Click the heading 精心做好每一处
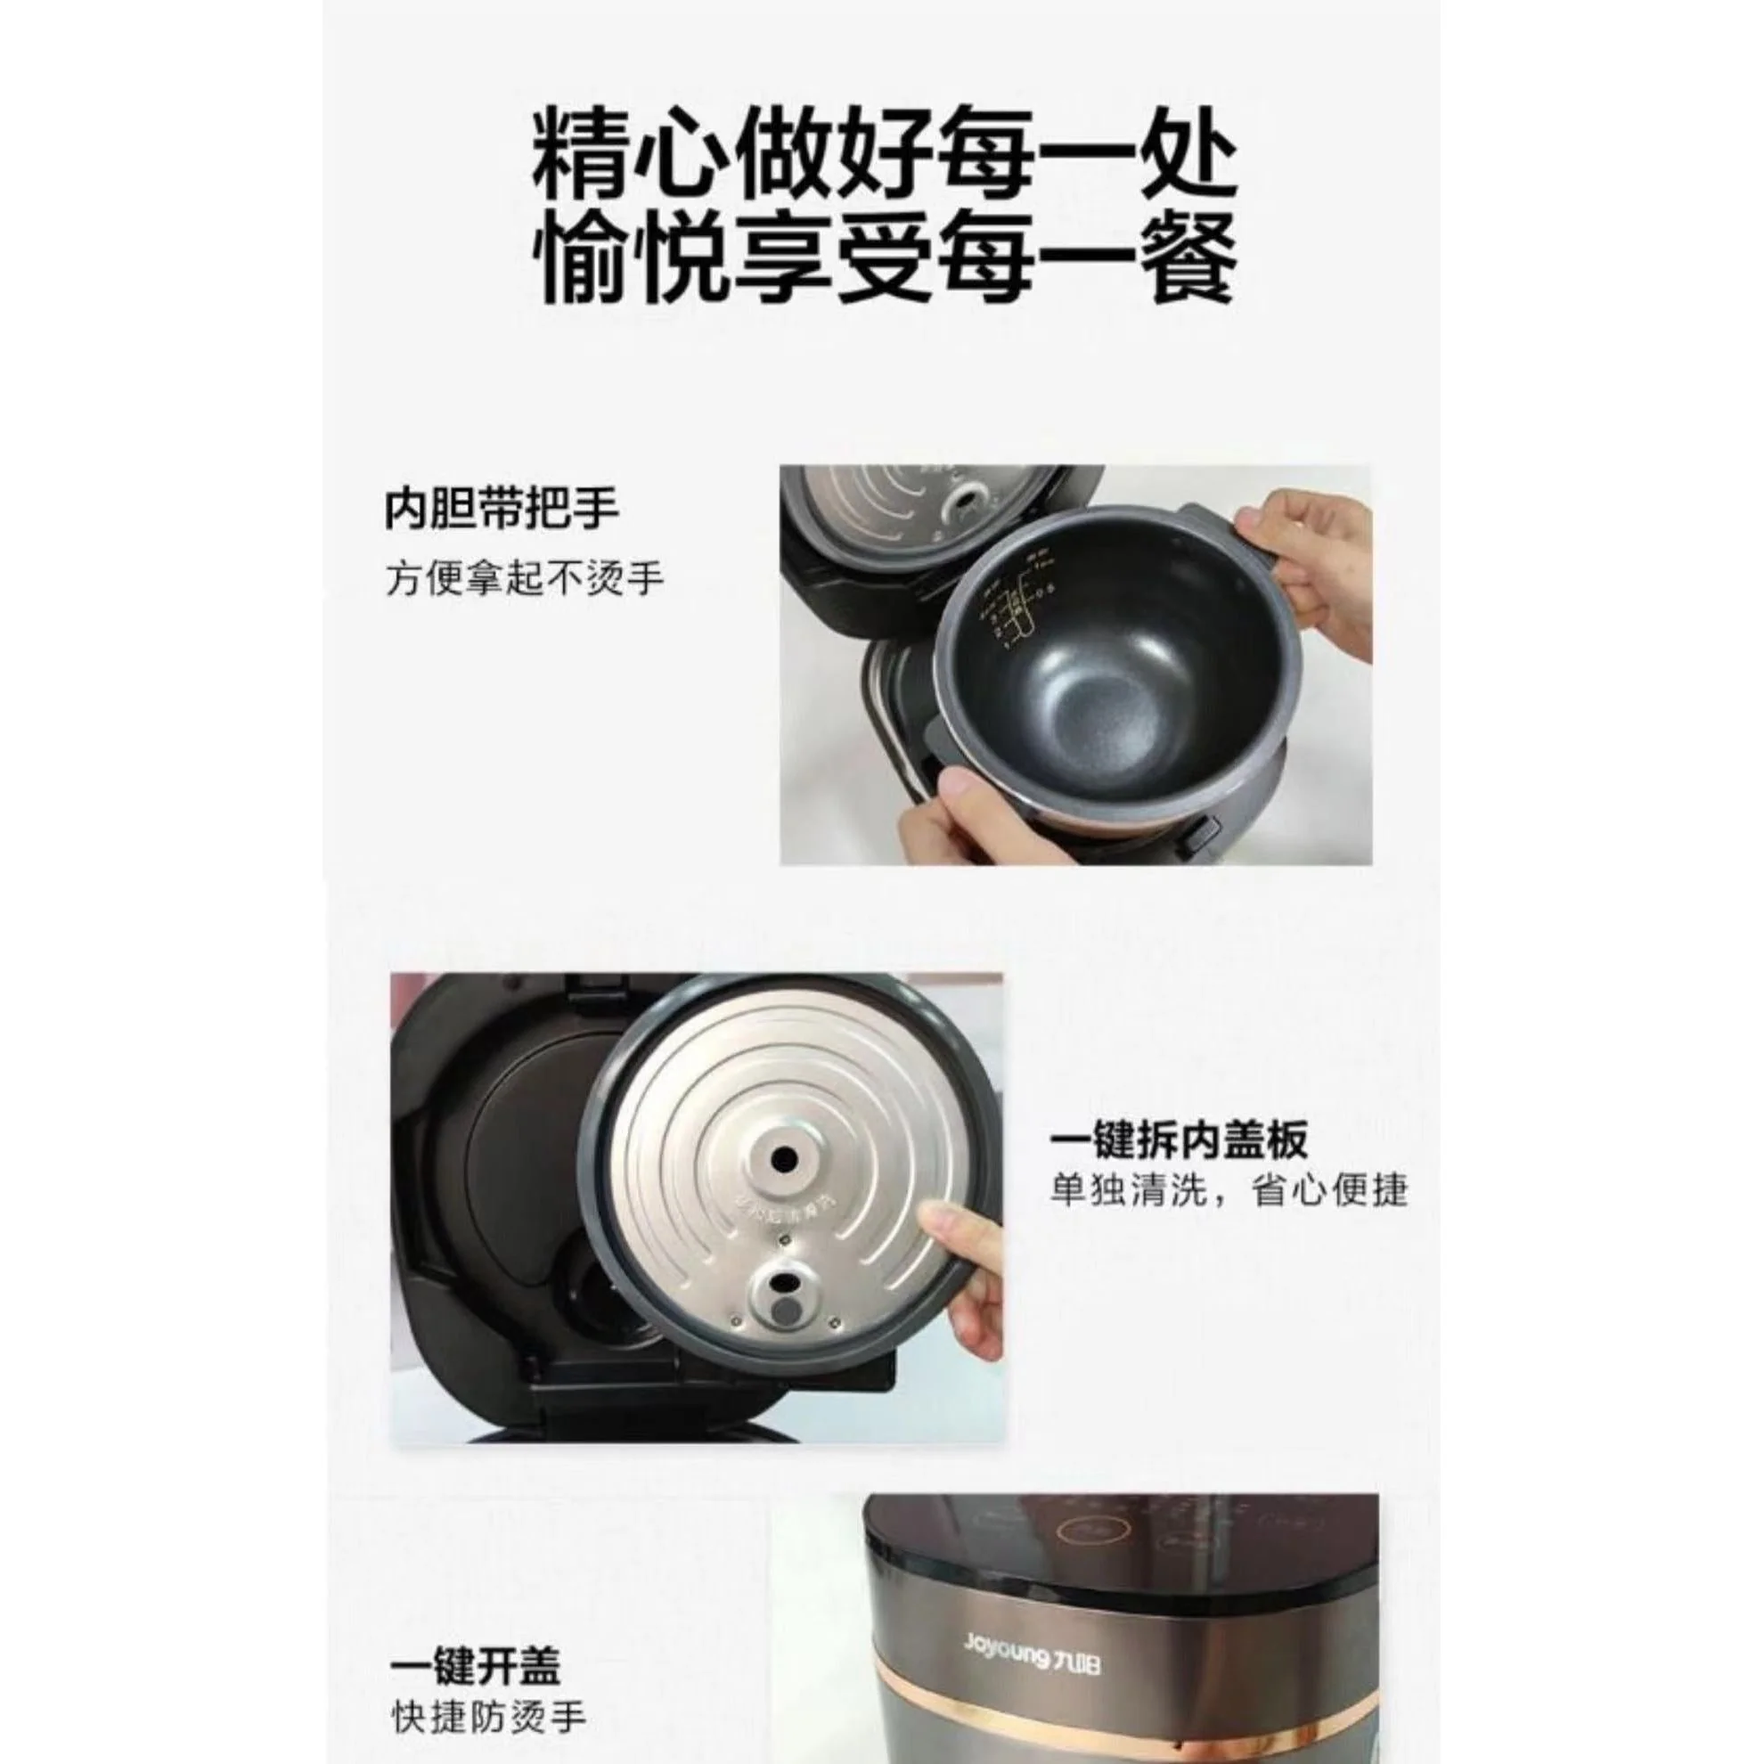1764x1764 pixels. [883, 162]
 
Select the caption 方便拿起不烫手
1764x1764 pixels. [524, 579]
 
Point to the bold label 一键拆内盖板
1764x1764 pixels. [1179, 1139]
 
